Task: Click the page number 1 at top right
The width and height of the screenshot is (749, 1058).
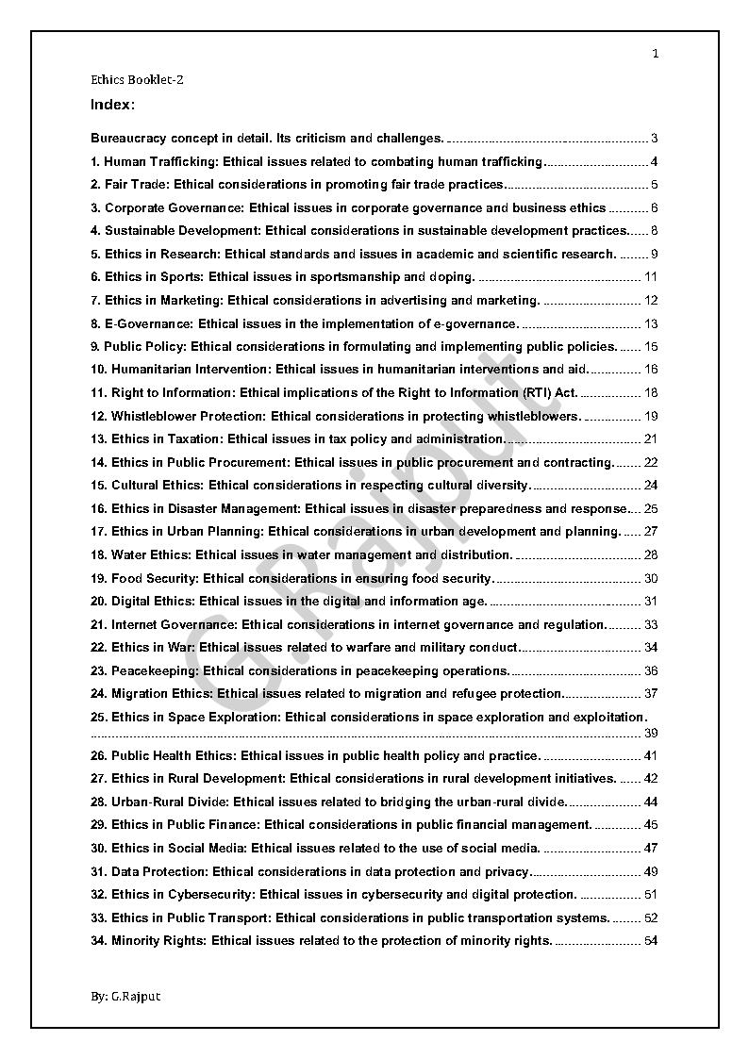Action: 655,54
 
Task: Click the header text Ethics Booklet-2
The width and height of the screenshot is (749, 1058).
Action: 137,80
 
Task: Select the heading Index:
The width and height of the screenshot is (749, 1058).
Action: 112,104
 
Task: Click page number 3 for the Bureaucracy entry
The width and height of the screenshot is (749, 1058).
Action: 654,139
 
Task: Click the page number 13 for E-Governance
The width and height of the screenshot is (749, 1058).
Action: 651,323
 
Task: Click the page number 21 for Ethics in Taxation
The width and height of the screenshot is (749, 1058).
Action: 651,438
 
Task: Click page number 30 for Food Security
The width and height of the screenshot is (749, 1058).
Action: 651,578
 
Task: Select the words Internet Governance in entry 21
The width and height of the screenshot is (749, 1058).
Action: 173,624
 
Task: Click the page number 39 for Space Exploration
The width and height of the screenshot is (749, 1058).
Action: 651,733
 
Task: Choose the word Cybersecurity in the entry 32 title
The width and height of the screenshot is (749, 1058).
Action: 209,894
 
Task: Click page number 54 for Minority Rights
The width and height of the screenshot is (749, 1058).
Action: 651,940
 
